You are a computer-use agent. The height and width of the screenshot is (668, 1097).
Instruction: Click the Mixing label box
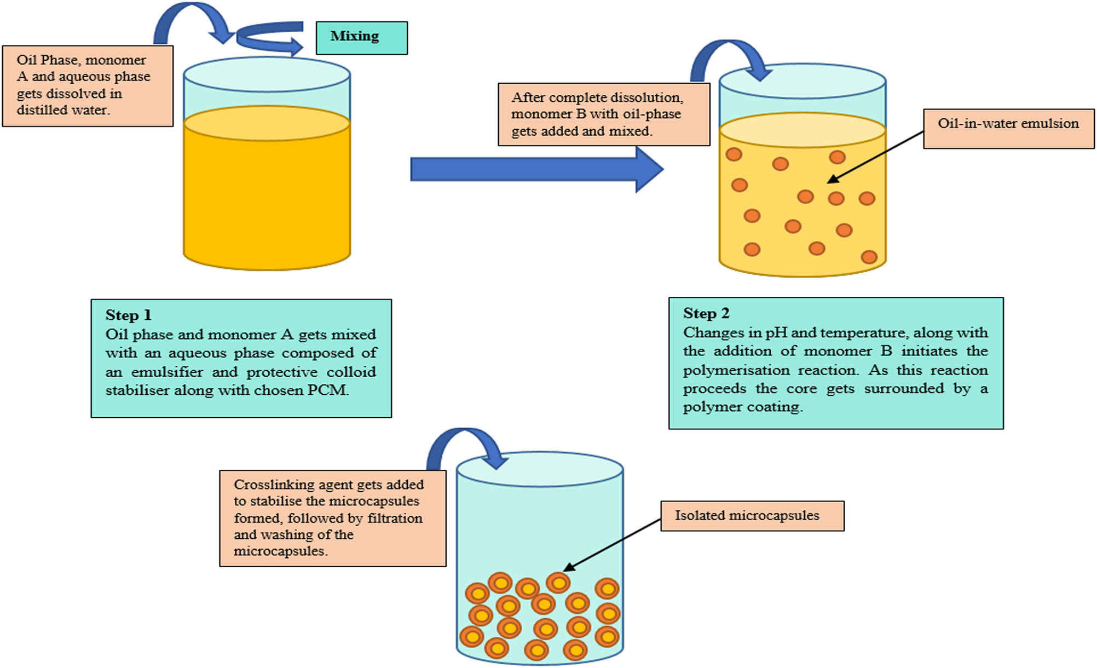tap(361, 37)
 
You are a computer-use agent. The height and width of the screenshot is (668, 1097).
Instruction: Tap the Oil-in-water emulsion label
tap(1008, 124)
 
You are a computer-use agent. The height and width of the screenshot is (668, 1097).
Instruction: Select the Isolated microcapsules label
tap(747, 516)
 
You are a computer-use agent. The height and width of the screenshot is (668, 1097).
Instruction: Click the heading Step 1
tap(128, 315)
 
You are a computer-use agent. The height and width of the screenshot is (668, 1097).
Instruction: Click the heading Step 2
tap(706, 313)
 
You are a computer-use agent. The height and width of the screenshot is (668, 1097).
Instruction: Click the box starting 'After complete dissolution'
tap(603, 114)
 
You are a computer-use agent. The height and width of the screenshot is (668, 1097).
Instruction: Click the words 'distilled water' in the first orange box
tap(62, 110)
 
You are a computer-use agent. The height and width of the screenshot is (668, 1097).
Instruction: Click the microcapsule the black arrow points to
tap(558, 583)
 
